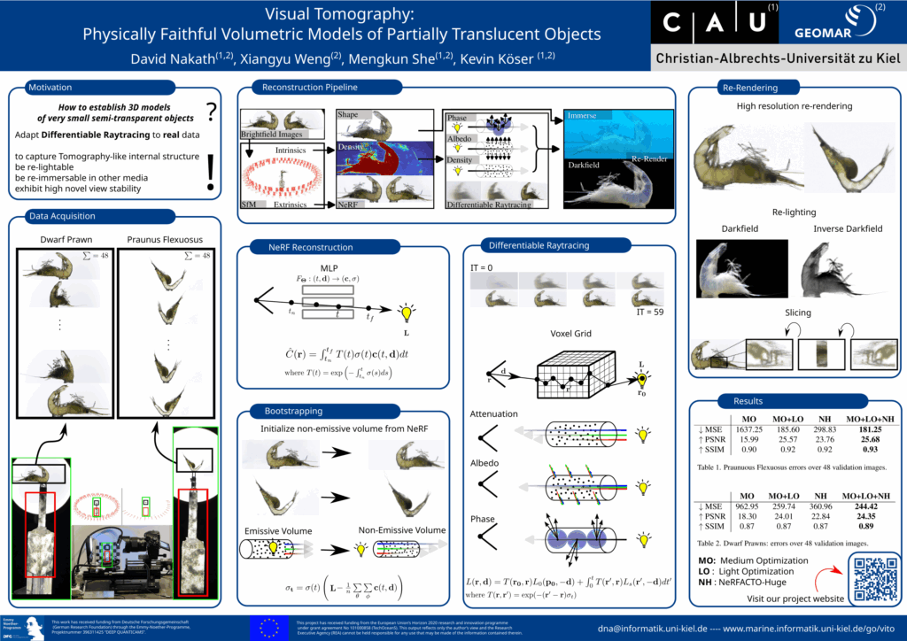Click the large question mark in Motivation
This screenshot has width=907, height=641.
[x=211, y=112]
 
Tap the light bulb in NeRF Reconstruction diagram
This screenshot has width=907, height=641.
[x=407, y=312]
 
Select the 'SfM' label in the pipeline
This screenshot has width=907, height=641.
[x=250, y=205]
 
